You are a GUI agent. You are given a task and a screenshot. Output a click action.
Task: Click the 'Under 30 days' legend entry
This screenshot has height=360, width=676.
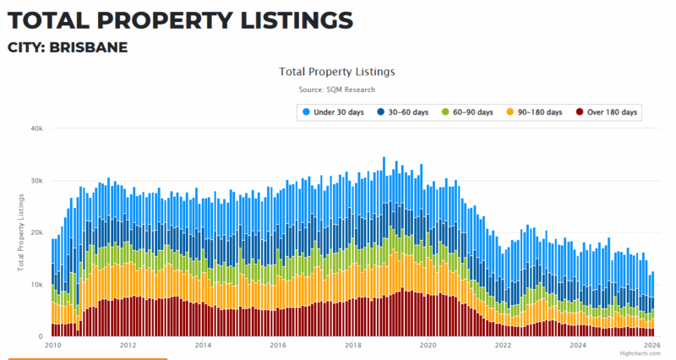(337, 112)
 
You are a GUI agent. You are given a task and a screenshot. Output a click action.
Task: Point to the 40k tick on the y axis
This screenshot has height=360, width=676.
(36, 128)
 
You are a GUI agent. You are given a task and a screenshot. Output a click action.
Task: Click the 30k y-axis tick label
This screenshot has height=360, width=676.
(36, 181)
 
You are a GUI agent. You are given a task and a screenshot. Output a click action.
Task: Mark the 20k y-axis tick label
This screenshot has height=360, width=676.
(36, 232)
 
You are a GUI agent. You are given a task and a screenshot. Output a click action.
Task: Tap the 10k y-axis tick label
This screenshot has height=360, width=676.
(36, 285)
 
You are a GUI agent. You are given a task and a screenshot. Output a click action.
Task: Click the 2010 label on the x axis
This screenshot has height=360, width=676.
(52, 345)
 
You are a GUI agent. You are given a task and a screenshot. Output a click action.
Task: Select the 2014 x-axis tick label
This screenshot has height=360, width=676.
(203, 345)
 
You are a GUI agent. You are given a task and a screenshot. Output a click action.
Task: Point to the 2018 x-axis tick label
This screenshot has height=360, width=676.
(353, 345)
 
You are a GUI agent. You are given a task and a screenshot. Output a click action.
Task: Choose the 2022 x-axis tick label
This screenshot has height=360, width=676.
(504, 345)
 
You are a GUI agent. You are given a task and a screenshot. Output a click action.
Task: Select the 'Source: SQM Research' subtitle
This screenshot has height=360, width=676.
(336, 90)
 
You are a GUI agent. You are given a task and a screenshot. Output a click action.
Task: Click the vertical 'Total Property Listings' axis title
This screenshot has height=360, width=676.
(21, 232)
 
